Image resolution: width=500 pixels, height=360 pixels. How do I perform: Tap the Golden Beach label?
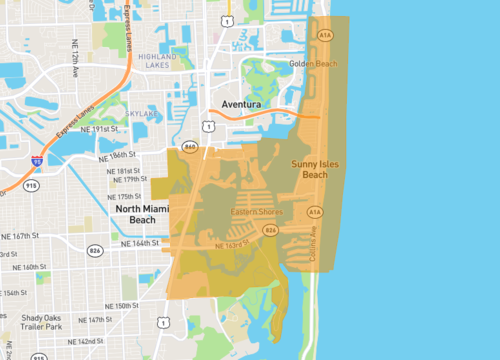click(314, 64)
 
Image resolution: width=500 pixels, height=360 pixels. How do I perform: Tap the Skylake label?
click(141, 114)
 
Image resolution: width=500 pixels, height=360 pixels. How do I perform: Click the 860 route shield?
click(190, 147)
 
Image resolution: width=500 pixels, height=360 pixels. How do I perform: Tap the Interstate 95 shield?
click(38, 160)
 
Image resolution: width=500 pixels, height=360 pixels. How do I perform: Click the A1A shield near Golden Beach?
click(325, 36)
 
